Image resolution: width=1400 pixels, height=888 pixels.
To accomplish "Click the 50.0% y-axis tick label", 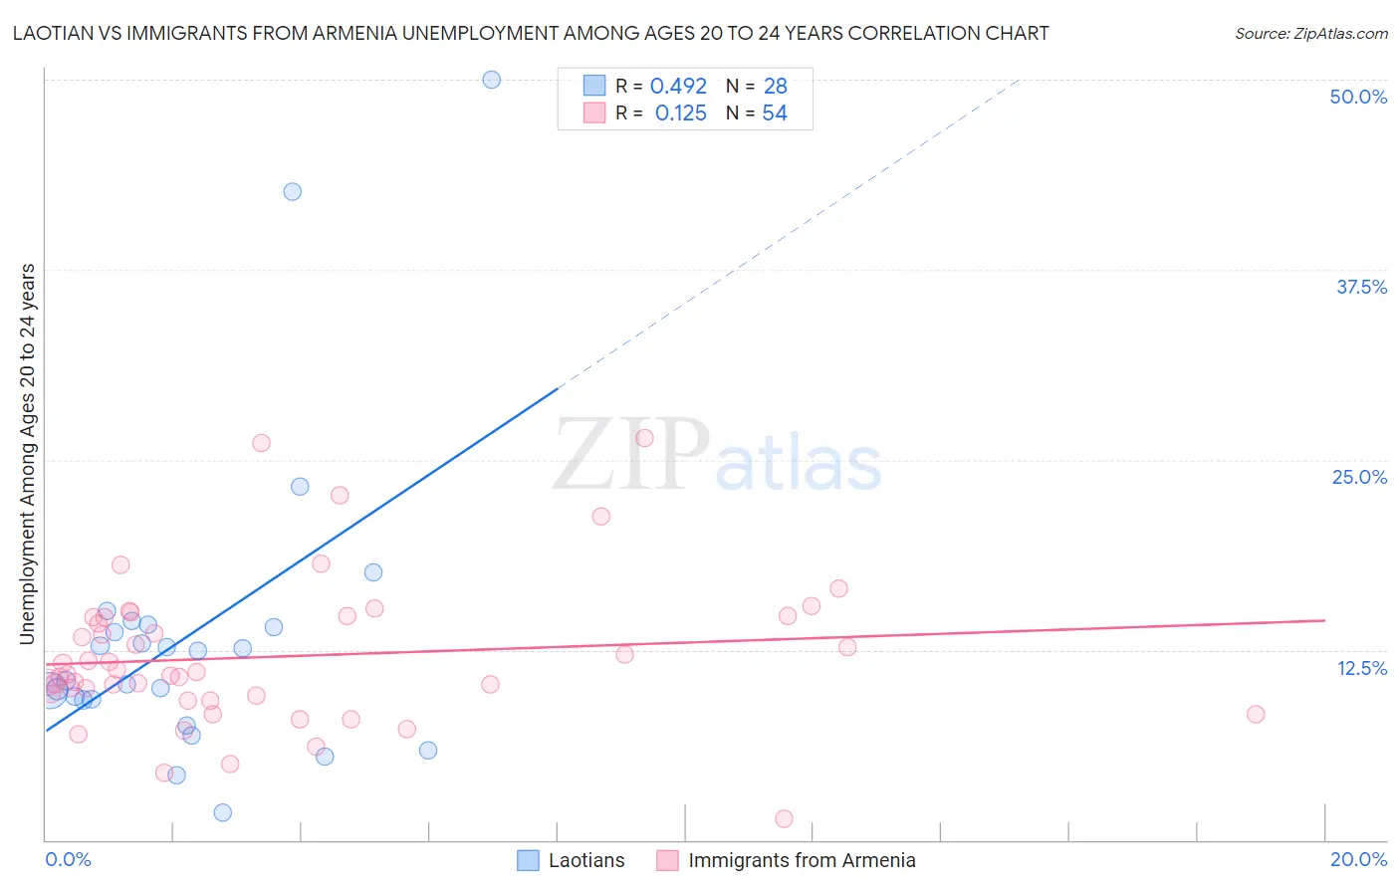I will point(1358,97).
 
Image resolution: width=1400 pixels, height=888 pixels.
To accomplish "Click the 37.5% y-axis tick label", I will point(1361,287).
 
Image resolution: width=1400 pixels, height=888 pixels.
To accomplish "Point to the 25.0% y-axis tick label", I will point(1359,477).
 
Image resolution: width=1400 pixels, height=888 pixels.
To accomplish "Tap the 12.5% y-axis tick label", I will point(1361,668).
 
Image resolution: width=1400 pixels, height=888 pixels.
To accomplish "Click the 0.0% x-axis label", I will point(68,859).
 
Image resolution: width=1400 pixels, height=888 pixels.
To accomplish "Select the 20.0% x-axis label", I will point(1358,859).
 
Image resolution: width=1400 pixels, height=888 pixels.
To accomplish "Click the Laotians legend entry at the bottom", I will point(585,860).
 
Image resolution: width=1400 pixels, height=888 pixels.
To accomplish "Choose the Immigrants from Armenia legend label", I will point(801,860).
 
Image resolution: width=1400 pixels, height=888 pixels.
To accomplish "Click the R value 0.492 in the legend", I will point(678,87).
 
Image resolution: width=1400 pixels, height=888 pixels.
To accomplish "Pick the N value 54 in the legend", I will point(775,113).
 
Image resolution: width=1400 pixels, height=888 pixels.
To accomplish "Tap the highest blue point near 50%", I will point(492,80).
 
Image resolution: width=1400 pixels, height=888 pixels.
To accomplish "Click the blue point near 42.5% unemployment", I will point(292,191).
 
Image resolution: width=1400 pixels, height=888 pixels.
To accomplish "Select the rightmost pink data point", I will point(1256,714).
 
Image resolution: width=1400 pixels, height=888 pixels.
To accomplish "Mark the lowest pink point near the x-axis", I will point(784,818).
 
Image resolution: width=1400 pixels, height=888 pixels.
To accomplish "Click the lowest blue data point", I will point(223,812).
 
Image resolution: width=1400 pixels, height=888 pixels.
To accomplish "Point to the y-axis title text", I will point(27,454).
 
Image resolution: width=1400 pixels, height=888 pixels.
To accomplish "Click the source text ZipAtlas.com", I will point(1310,34).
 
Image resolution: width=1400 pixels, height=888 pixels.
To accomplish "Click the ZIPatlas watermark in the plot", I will point(717,456).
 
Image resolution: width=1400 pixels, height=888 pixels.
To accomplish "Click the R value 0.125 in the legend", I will point(680,113).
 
